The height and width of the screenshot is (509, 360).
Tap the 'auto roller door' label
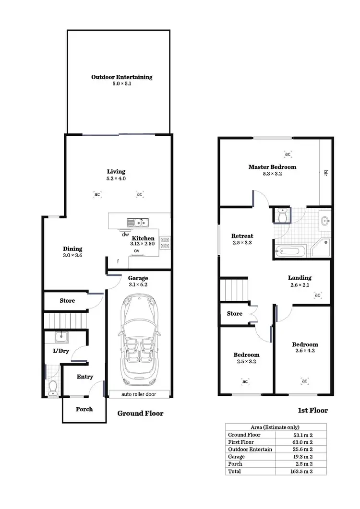pyautogui.click(x=139, y=394)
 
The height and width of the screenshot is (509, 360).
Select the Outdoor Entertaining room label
pyautogui.click(x=122, y=77)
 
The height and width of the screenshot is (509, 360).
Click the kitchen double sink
pyautogui.click(x=138, y=222)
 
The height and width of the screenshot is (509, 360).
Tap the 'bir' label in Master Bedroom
pyautogui.click(x=325, y=172)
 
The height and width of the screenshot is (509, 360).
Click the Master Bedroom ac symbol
pyautogui.click(x=288, y=154)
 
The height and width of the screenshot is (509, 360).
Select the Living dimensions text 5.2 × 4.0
pyautogui.click(x=116, y=178)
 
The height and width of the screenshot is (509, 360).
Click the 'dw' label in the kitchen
pyautogui.click(x=125, y=235)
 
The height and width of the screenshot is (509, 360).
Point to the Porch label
pyautogui.click(x=84, y=409)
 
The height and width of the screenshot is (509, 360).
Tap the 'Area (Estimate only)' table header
pyautogui.click(x=276, y=427)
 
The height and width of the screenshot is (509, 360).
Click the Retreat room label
pyautogui.click(x=242, y=236)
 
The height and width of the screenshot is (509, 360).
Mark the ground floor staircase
pyautogui.click(x=65, y=320)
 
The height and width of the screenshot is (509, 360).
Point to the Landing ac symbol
pyautogui.click(x=317, y=295)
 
